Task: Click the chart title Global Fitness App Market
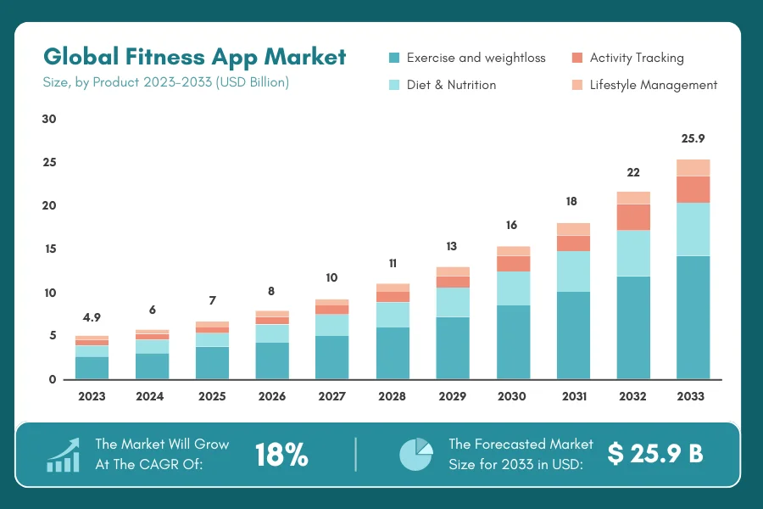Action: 194,57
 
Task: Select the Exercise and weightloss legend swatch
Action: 393,58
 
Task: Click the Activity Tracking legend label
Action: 637,58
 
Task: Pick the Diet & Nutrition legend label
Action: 451,85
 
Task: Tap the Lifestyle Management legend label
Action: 654,85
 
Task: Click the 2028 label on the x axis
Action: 392,396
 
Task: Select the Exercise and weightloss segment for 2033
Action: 693,316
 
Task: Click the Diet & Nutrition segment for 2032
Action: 632,253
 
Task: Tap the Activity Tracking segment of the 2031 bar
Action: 573,243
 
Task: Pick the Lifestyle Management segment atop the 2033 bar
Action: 693,167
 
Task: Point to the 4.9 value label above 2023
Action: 92,317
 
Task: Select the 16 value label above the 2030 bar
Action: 512,226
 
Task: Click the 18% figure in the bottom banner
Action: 281,456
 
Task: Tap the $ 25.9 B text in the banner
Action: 655,454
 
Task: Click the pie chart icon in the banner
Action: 415,454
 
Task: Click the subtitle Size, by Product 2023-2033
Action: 166,82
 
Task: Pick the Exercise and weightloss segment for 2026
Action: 272,361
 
